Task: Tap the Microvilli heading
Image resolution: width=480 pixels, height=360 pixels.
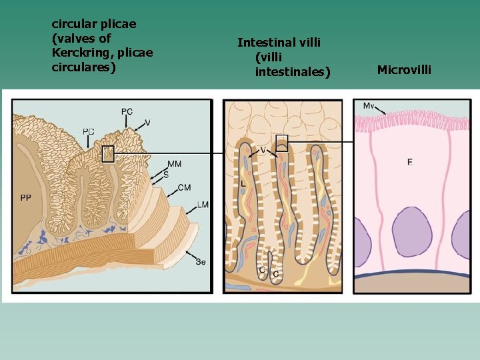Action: (x=404, y=69)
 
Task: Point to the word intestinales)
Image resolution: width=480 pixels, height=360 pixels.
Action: (x=292, y=71)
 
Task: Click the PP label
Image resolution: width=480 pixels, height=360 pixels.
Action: (x=26, y=197)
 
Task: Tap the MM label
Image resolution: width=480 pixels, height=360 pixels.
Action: (x=175, y=164)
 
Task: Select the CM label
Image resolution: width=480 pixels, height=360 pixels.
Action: (x=184, y=188)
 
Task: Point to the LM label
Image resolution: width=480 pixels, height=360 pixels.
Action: (x=203, y=205)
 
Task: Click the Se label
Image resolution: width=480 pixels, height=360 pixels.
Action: (x=201, y=262)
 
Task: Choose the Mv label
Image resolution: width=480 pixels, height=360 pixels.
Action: (x=369, y=107)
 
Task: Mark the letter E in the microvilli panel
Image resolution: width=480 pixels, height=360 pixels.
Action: (x=409, y=162)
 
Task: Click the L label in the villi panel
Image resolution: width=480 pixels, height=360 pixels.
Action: (x=243, y=183)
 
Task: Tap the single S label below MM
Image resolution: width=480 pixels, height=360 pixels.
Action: (x=166, y=174)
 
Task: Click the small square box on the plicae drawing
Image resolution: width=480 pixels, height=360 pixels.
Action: (x=108, y=155)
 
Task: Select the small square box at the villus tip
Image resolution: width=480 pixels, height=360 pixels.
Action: (x=282, y=143)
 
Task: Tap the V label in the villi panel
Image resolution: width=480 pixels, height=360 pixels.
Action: (x=263, y=148)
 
